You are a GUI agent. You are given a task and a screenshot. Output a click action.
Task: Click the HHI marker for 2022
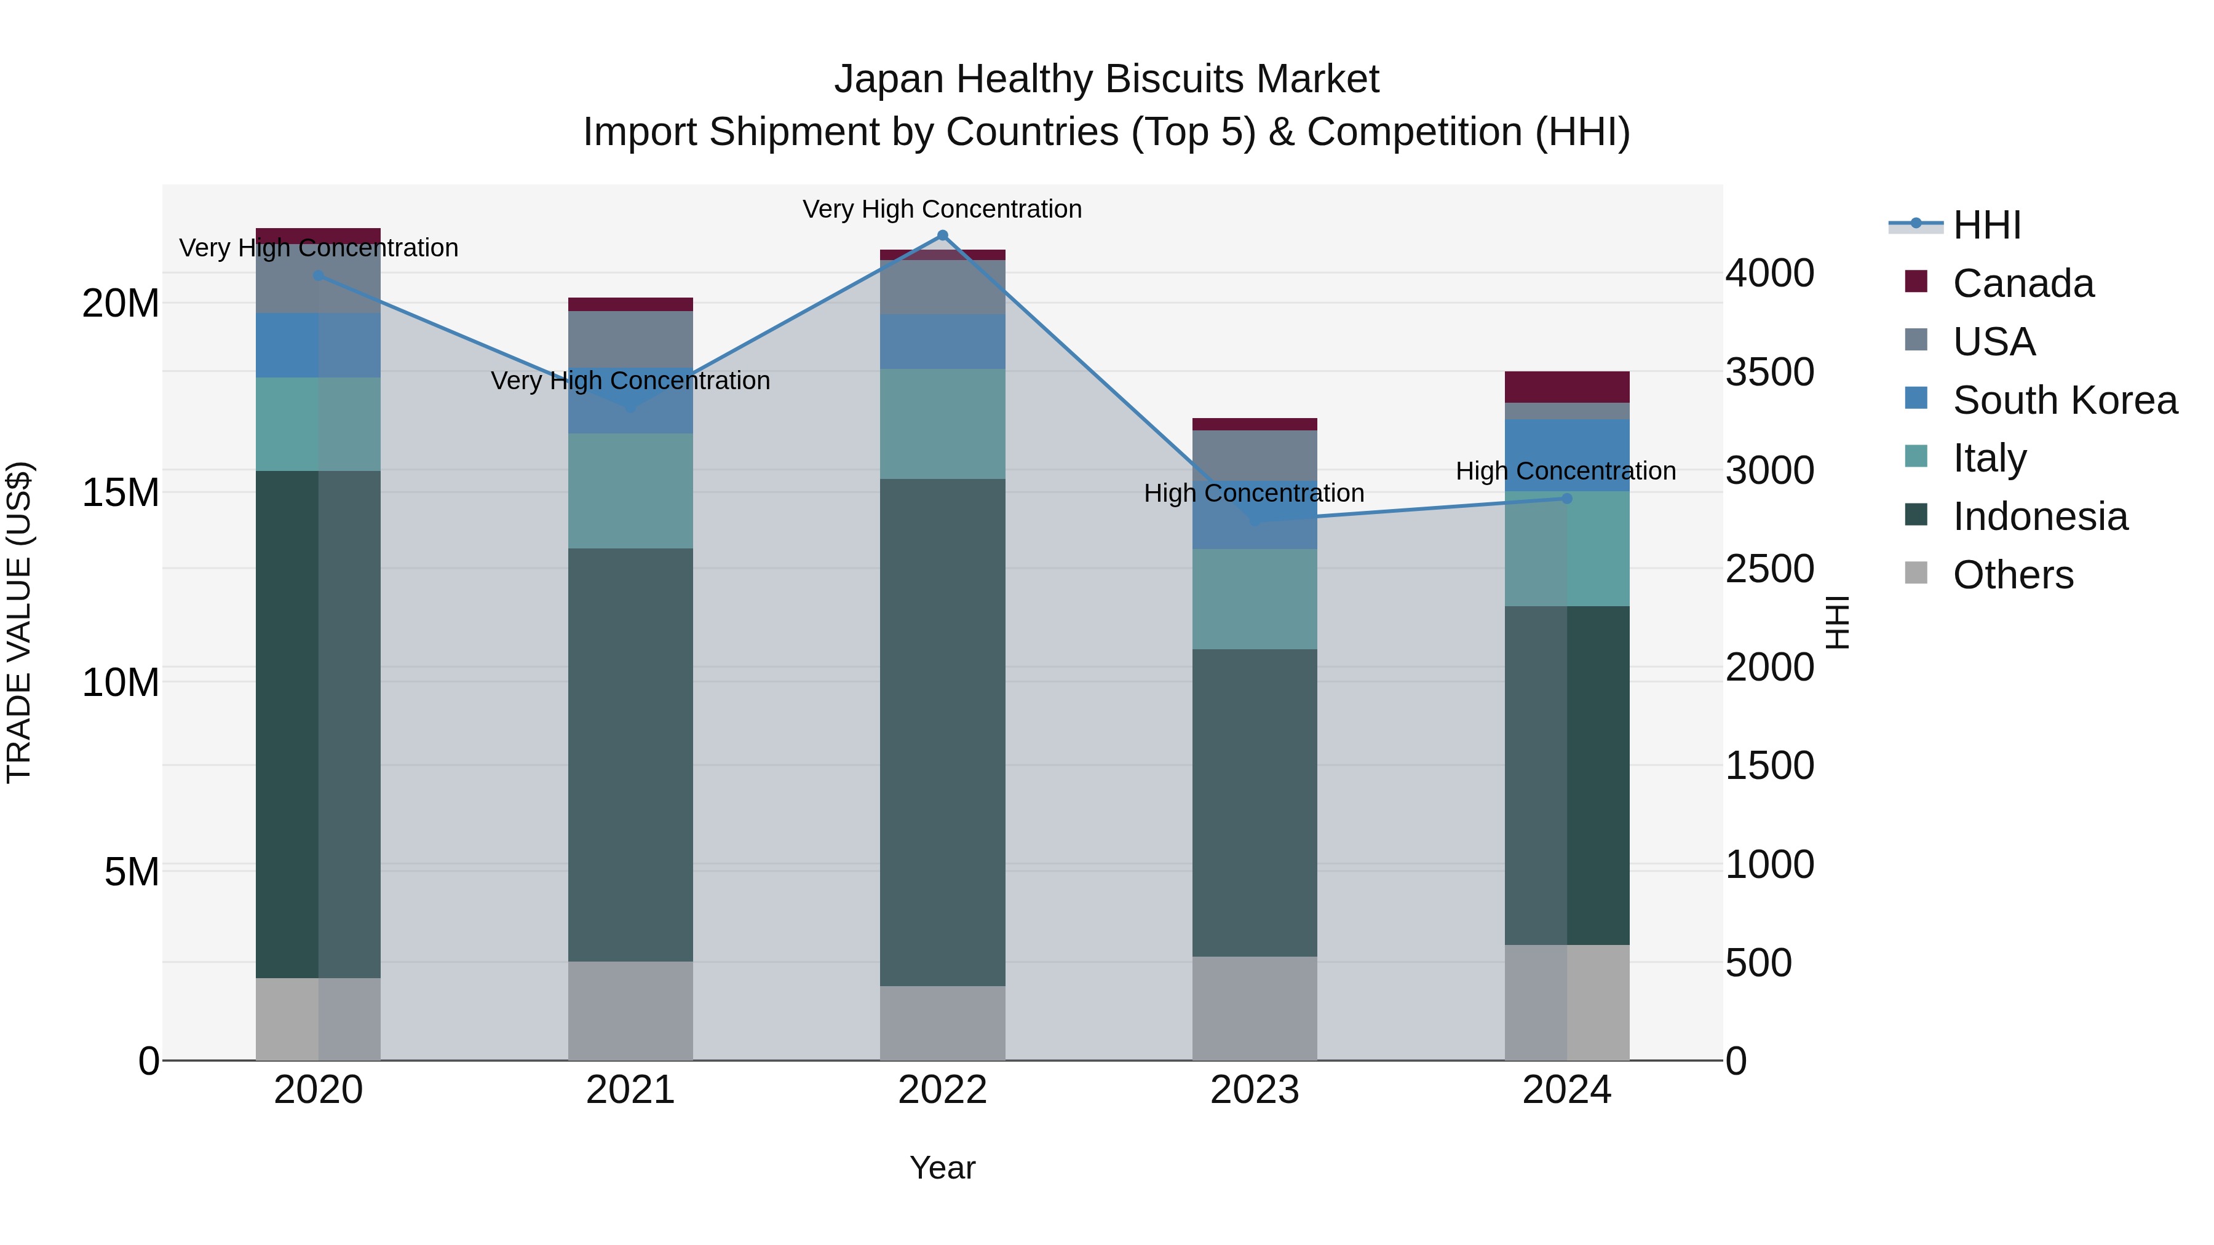942,235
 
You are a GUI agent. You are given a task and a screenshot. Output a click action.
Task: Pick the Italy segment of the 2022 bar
942,424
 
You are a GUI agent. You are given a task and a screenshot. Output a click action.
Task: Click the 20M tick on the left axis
121,303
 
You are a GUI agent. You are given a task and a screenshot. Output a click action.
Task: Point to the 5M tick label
132,872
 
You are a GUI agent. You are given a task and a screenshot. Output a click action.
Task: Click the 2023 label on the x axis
1254,1090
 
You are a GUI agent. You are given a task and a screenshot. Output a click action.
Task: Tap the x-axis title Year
942,1168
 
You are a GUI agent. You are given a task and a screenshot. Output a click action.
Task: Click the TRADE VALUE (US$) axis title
19,622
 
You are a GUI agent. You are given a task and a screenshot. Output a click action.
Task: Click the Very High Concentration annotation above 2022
942,209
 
